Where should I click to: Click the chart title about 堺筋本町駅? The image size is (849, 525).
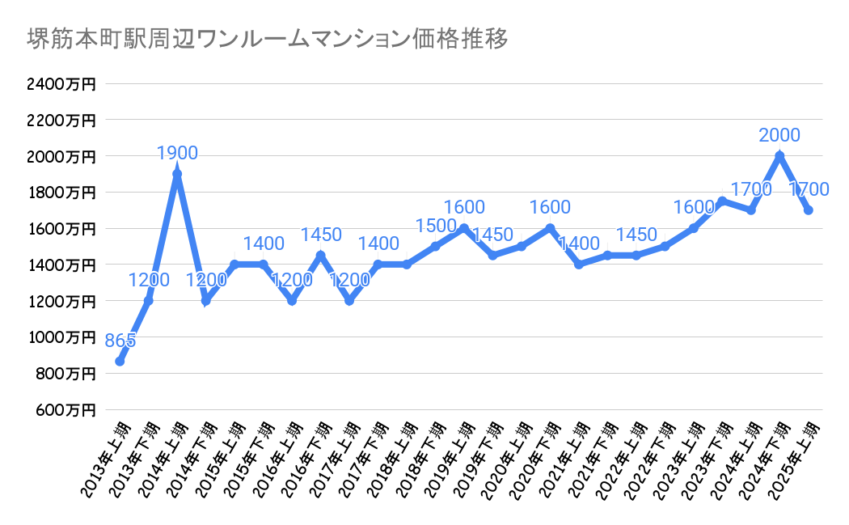(x=268, y=38)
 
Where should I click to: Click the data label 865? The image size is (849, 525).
(x=120, y=341)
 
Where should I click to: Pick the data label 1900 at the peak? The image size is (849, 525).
(x=177, y=153)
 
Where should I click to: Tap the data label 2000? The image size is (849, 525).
(x=779, y=135)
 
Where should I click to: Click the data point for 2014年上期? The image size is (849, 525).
(x=177, y=174)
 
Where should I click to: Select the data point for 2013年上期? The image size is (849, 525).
(x=120, y=362)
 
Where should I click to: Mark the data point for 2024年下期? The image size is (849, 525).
(x=779, y=155)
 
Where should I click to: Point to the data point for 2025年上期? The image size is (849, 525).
(x=808, y=210)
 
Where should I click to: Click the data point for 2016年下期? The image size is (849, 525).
(x=320, y=256)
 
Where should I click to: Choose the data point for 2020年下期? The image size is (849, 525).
(x=550, y=228)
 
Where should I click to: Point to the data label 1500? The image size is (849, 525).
(x=434, y=226)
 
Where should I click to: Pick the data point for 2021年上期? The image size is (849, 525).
(x=578, y=265)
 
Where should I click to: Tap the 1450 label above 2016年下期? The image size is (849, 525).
(x=321, y=235)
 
